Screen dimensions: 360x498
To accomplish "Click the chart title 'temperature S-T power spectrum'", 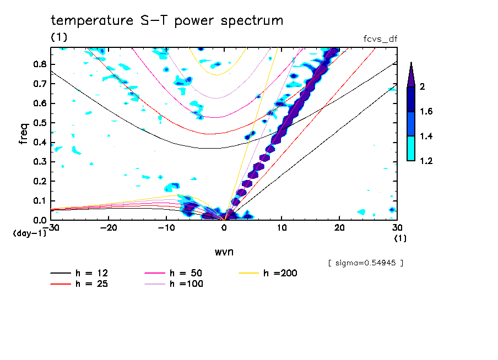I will (x=167, y=21).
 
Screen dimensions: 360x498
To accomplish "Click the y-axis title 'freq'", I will (x=24, y=133).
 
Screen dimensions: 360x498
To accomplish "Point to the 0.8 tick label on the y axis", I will (x=39, y=64).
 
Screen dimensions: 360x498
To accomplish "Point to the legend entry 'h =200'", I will (x=280, y=273).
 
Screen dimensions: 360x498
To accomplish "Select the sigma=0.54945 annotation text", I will (x=365, y=263).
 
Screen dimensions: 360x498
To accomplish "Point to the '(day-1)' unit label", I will (x=29, y=233).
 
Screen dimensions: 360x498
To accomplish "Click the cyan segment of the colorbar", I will (x=411, y=148).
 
